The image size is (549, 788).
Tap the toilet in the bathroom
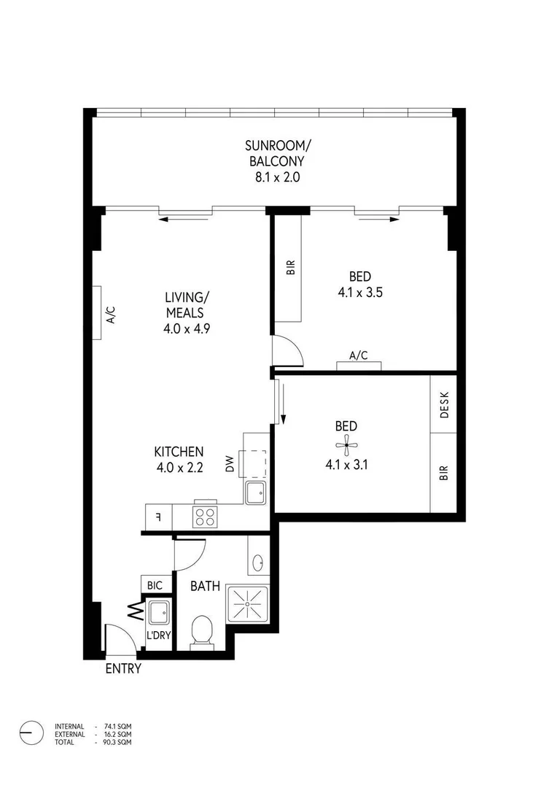(x=201, y=632)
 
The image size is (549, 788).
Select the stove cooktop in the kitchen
(x=204, y=517)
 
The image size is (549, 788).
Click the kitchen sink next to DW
(x=256, y=493)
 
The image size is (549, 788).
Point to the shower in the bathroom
(x=248, y=604)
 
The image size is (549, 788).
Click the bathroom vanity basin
(x=257, y=563)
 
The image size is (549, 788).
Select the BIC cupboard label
(x=155, y=585)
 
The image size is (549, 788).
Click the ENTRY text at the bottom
(x=123, y=668)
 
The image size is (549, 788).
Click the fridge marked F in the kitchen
(x=158, y=517)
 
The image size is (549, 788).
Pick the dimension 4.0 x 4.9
(x=187, y=328)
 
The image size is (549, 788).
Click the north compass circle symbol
(x=31, y=733)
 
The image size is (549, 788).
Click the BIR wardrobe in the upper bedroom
(x=289, y=268)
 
